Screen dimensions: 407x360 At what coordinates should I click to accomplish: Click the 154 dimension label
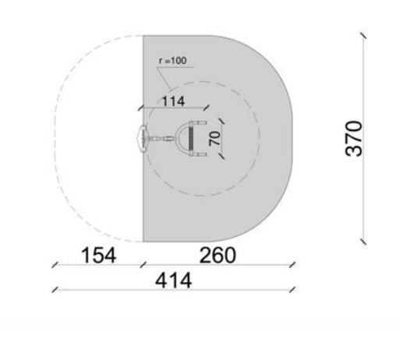pos(99,256)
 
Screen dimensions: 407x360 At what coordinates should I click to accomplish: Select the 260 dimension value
pos(218,256)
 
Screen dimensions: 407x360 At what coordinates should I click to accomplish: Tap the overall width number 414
pos(173,281)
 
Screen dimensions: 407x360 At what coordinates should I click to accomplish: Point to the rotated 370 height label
pos(354,139)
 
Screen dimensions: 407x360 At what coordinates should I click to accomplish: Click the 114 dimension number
pos(173,101)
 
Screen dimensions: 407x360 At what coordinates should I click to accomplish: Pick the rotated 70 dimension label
pos(215,138)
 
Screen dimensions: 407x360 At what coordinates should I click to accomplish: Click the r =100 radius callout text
pos(173,61)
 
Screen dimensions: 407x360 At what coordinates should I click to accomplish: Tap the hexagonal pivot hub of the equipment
pos(143,139)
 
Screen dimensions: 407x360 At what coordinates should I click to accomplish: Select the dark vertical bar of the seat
pos(192,139)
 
